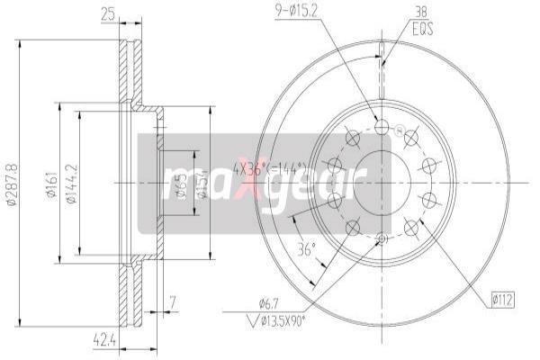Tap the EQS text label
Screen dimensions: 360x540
pyautogui.click(x=422, y=30)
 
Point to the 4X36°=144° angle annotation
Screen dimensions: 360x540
pyautogui.click(x=269, y=167)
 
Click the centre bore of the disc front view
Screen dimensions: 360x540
pyautogui.click(x=381, y=184)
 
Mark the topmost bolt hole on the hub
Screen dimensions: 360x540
pyautogui.click(x=382, y=129)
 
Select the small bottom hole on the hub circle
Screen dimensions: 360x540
pyautogui.click(x=382, y=238)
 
